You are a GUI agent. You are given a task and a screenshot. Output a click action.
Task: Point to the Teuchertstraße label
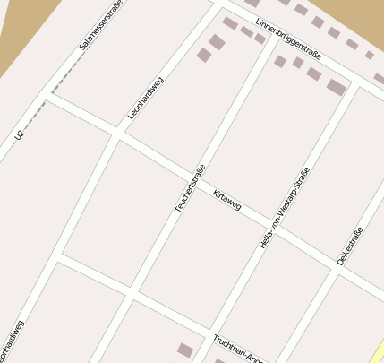click(191, 188)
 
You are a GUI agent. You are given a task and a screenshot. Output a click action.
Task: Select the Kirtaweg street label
click(227, 200)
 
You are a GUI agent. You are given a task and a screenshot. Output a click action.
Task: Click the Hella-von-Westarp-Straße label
click(283, 208)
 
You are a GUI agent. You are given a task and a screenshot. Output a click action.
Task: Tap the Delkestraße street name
click(350, 246)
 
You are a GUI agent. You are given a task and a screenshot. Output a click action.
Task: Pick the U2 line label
click(20, 135)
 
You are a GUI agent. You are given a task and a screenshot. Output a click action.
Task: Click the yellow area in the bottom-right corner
click(376, 350)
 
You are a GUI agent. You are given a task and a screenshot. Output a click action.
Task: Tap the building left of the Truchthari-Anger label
click(185, 350)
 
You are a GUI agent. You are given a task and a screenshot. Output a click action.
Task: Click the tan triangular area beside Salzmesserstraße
click(18, 36)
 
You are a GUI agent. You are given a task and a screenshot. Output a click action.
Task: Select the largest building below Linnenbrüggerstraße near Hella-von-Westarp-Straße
click(337, 87)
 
